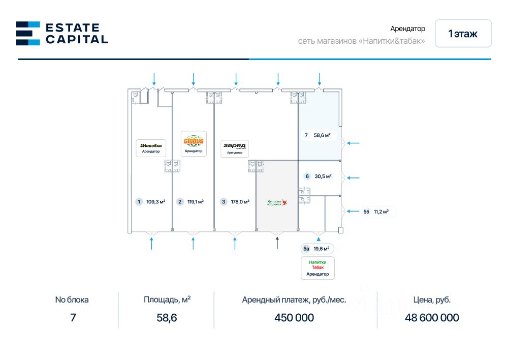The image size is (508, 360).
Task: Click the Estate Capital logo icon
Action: tap(28, 33)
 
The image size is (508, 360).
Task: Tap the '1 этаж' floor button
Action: tap(463, 34)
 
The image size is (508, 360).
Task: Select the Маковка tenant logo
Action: tap(151, 147)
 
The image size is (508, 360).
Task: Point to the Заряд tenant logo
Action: tap(235, 148)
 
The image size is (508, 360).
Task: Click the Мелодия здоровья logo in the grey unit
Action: tap(277, 202)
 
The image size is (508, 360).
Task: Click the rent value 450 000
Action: tap(294, 318)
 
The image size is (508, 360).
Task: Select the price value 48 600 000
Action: tap(432, 318)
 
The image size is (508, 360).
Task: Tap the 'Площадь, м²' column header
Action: tap(167, 299)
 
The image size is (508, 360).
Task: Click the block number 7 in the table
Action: tap(73, 318)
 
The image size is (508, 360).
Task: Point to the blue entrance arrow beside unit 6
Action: tap(353, 178)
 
